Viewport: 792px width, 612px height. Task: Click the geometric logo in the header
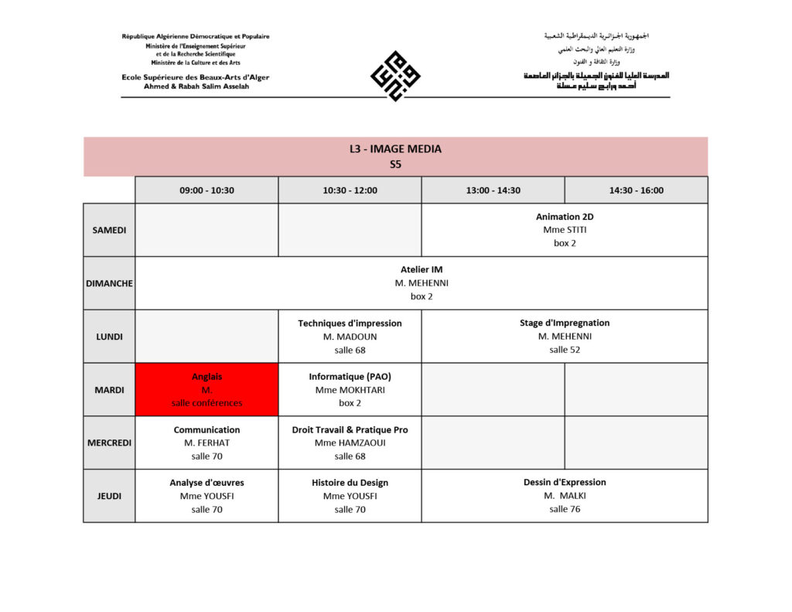tap(395, 75)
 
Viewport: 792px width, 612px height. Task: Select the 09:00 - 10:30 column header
tap(207, 190)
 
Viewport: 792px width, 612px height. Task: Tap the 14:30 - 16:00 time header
tap(636, 190)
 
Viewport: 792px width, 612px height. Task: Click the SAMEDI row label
tap(109, 230)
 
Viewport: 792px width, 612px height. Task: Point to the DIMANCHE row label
tap(109, 283)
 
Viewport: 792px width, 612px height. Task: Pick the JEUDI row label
tap(109, 496)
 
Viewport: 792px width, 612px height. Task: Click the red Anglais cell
tap(207, 389)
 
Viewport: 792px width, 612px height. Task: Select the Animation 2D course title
tap(565, 217)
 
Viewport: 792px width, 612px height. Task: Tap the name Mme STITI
tap(565, 230)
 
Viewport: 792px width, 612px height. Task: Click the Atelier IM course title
tap(422, 269)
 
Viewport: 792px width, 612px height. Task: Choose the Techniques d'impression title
tap(350, 323)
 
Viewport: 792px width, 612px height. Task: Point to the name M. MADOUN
tap(350, 337)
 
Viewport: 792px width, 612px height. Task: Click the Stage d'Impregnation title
tap(565, 323)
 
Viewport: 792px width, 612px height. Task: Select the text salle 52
tap(565, 350)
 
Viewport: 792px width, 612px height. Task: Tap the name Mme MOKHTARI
tap(350, 390)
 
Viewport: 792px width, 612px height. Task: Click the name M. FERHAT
tap(207, 443)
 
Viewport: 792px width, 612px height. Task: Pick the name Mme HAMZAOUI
tap(350, 443)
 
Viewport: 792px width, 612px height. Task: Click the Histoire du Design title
tap(350, 482)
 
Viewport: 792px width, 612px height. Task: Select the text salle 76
tap(565, 509)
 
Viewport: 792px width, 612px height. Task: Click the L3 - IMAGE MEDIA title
tap(395, 149)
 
